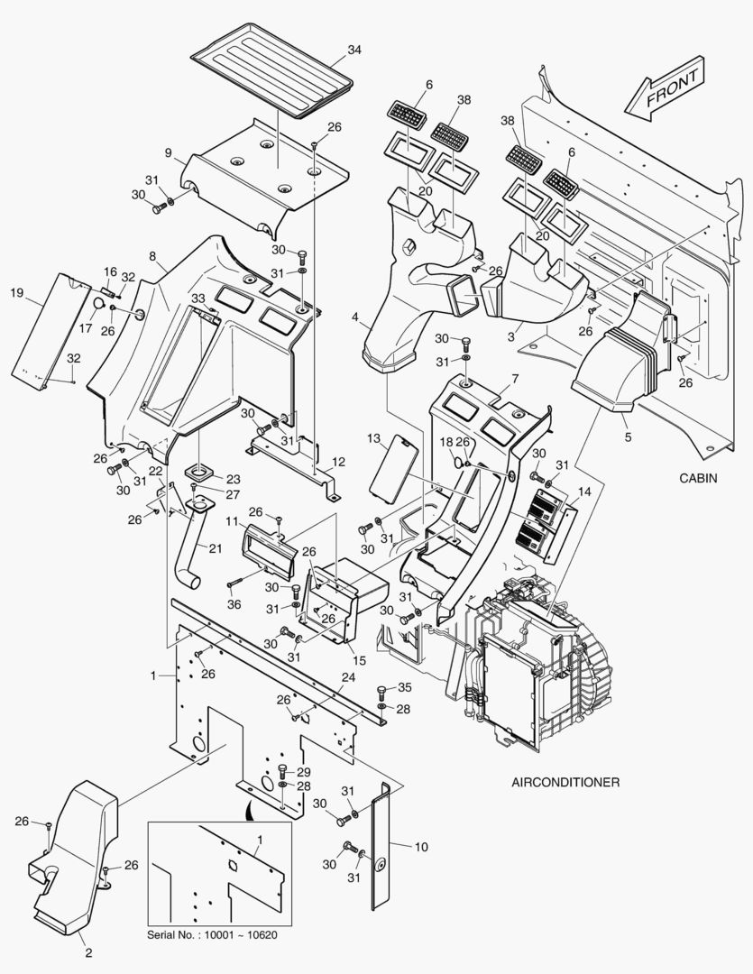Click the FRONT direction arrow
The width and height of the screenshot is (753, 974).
click(x=665, y=93)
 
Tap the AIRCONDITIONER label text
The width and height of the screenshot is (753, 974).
click(x=565, y=782)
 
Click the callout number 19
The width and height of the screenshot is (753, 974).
click(x=16, y=292)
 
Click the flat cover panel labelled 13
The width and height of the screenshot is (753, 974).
click(x=395, y=468)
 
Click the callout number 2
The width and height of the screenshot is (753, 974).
click(x=88, y=953)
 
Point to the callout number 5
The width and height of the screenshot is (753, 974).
click(x=628, y=436)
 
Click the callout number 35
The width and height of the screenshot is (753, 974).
click(x=404, y=688)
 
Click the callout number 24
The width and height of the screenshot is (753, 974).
click(x=348, y=677)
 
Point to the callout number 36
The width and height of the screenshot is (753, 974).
click(x=234, y=603)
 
